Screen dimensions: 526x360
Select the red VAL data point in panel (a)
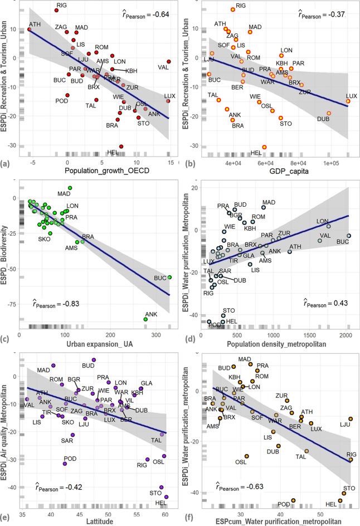(x=169, y=61)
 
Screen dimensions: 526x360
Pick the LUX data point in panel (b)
(x=348, y=101)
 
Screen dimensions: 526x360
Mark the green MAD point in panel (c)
(x=70, y=188)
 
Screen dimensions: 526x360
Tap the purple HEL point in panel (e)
(x=166, y=496)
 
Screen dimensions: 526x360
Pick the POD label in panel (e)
(x=70, y=458)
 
